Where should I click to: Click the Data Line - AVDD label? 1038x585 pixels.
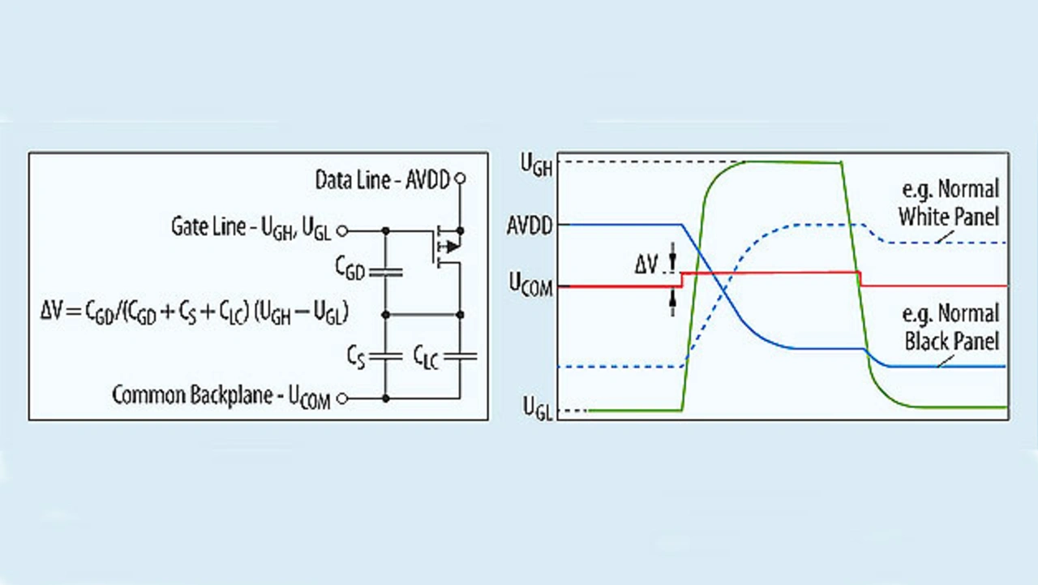point(382,179)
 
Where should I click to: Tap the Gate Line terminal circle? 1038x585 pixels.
point(342,231)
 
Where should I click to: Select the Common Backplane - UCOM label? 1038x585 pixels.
point(221,397)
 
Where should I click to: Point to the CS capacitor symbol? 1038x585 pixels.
point(385,355)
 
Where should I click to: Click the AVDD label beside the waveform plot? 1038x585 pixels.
point(529,225)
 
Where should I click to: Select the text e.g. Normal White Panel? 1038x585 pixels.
point(948,203)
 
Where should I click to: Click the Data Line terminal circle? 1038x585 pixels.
point(461,178)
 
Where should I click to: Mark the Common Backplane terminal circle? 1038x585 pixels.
point(342,398)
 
